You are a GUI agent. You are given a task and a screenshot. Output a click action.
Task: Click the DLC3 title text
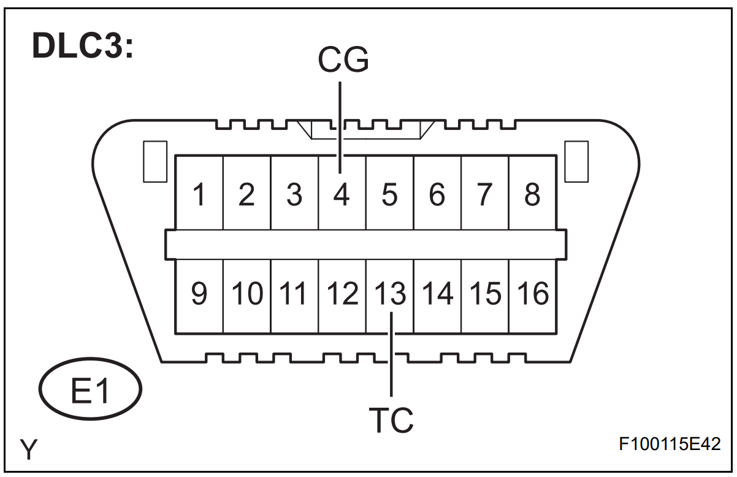82,47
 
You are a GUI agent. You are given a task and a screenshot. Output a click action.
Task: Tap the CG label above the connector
343,59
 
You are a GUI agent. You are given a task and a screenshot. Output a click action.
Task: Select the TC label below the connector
391,420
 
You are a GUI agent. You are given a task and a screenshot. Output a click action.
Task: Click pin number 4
342,195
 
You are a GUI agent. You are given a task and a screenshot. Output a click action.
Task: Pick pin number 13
391,294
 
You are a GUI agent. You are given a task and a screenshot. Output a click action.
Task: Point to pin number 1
199,195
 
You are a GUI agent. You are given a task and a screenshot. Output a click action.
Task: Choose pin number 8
532,195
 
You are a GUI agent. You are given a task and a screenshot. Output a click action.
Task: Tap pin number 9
199,294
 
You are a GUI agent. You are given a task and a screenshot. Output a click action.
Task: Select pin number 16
532,294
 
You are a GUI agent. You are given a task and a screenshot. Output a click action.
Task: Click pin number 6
437,195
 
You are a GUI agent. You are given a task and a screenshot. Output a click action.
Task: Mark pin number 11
294,294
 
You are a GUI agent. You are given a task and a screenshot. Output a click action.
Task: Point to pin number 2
246,195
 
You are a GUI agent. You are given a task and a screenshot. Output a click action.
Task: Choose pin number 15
485,294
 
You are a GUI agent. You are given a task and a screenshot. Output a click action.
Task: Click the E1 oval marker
90,390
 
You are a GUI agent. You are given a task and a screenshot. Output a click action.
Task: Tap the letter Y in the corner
29,450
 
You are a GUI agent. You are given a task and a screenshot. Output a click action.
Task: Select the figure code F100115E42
670,444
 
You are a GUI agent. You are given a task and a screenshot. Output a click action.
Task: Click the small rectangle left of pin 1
155,161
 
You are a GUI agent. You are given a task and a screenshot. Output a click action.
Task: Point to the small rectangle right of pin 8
576,161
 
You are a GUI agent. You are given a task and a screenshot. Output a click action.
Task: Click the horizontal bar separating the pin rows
365,245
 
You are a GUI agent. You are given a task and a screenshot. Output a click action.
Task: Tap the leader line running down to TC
391,362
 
